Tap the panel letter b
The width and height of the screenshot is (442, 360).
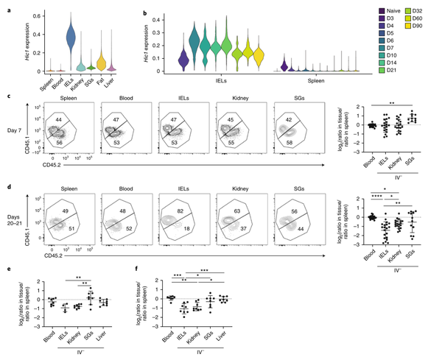point(146,10)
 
